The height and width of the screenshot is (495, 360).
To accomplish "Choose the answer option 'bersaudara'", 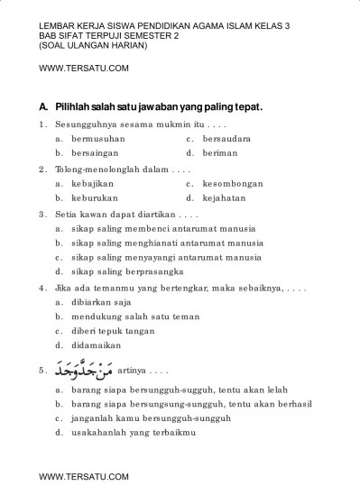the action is [226, 139].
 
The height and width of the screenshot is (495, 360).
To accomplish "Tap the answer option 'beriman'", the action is [219, 153].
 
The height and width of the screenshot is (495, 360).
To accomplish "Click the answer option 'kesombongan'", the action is [232, 183].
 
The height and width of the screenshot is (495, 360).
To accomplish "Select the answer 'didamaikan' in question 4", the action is [99, 344].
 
